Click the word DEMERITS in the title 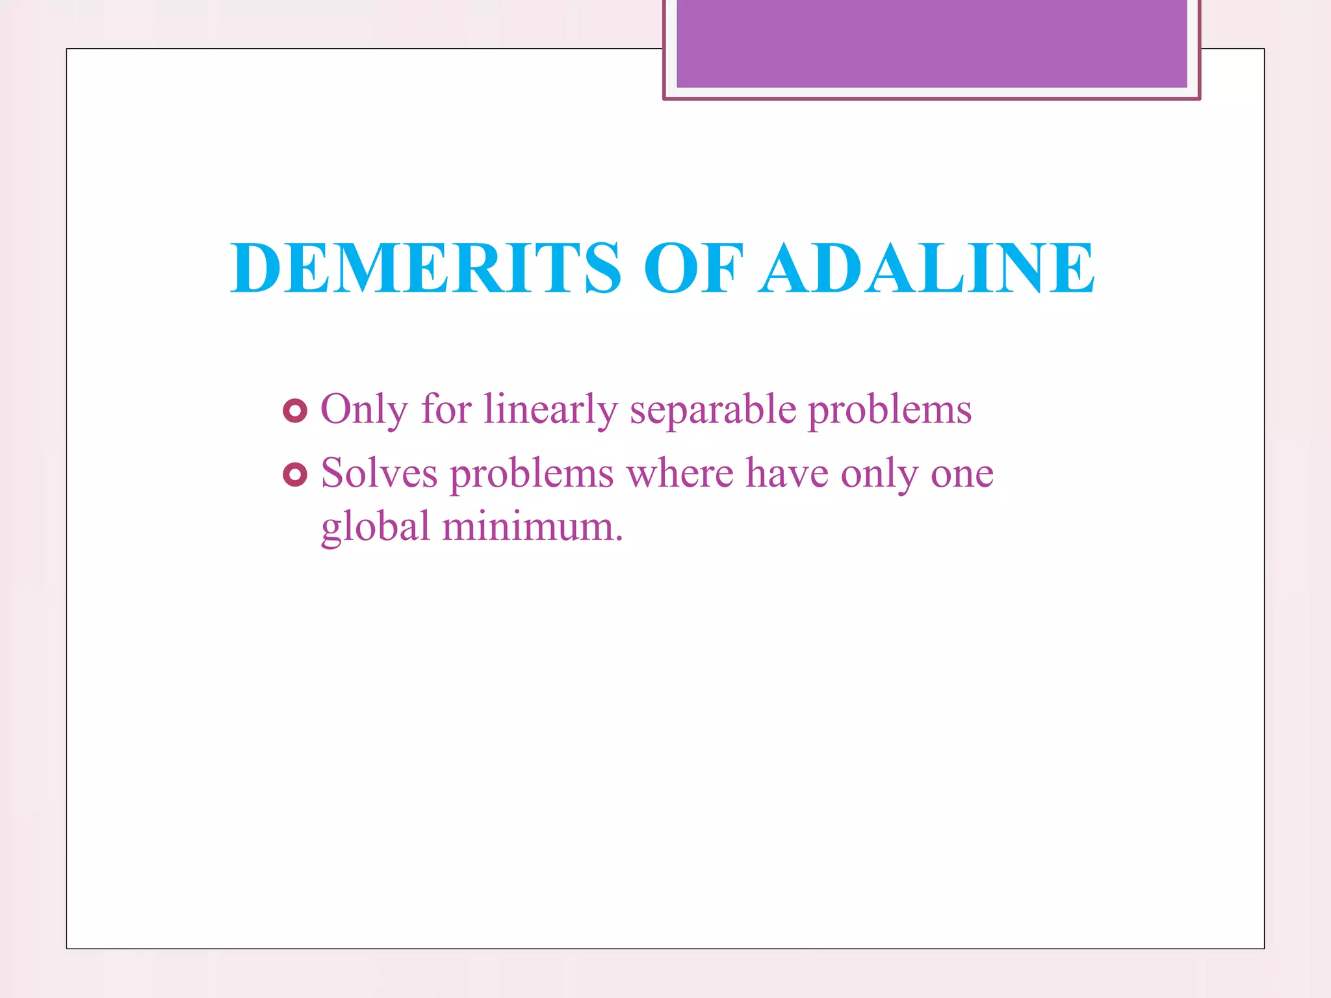coord(426,268)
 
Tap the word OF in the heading coord(693,268)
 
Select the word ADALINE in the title coord(927,268)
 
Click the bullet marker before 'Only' coord(295,411)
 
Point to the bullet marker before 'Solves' coord(295,475)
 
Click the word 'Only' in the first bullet coord(364,410)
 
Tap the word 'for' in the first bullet coord(446,410)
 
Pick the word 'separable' coord(713,410)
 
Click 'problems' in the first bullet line coord(890,410)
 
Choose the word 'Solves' coord(380,473)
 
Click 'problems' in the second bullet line coord(532,474)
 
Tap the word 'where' coord(680,473)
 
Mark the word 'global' coord(376,526)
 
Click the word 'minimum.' coord(533,526)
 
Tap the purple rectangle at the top coord(931,44)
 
